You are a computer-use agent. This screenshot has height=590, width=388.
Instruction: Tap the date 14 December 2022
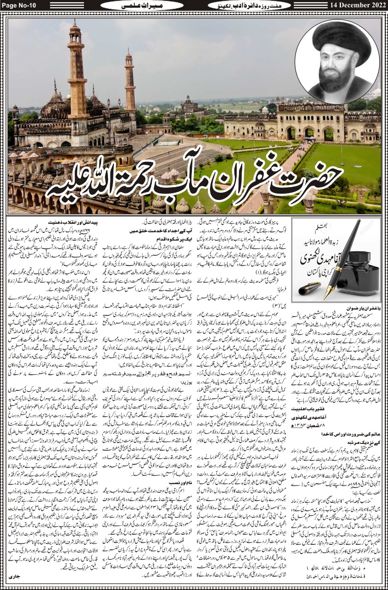tap(355, 6)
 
